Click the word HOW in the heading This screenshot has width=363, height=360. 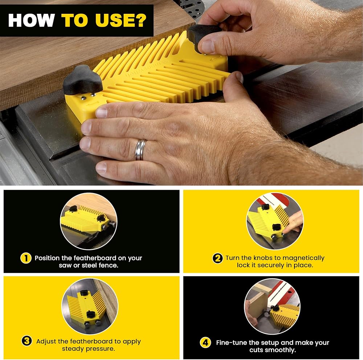click(x=31, y=20)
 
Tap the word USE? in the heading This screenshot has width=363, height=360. click(x=121, y=20)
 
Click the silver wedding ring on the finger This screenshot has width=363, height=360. click(x=141, y=150)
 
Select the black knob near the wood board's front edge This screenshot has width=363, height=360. click(x=83, y=79)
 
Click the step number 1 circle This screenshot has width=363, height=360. click(x=26, y=258)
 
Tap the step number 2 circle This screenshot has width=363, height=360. click(x=217, y=258)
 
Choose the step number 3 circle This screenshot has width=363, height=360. click(x=27, y=341)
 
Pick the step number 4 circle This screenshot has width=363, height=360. click(x=205, y=343)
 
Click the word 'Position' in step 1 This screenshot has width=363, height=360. click(x=47, y=258)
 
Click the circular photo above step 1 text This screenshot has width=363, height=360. click(x=89, y=221)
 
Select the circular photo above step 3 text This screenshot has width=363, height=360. click(x=90, y=306)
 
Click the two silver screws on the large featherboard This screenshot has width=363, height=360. click(x=87, y=97)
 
